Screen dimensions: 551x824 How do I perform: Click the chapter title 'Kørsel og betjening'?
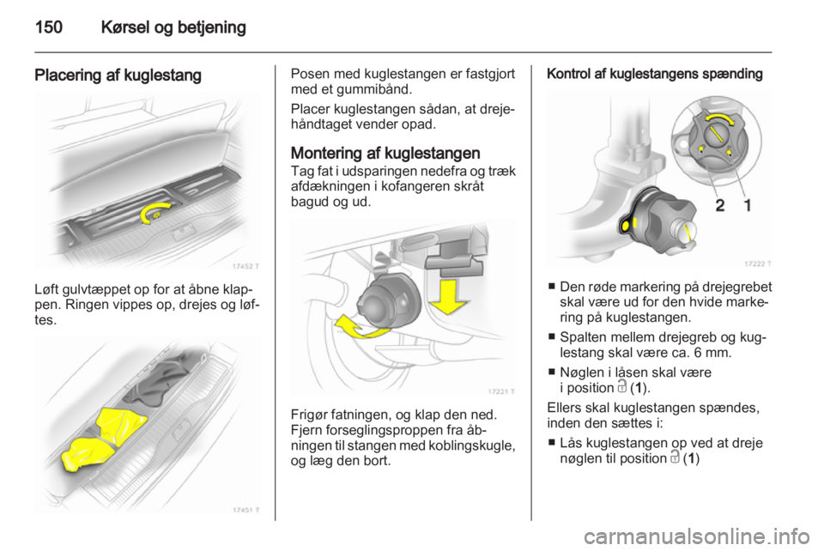[x=176, y=27]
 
